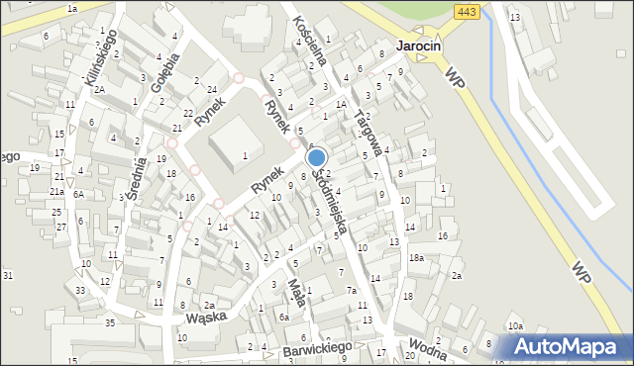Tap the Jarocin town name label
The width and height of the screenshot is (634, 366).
tap(419, 46)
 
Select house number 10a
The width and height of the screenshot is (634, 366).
tap(515, 326)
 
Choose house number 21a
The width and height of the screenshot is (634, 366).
tap(57, 192)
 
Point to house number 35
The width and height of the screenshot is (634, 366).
tap(112, 323)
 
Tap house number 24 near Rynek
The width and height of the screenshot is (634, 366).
tap(213, 90)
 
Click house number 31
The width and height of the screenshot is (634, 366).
tap(8, 275)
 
